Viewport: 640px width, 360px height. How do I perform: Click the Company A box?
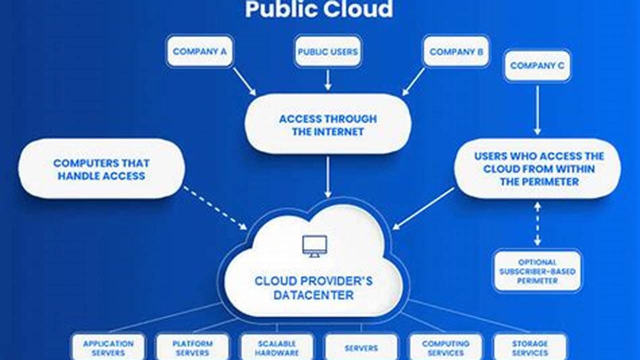pyautogui.click(x=200, y=51)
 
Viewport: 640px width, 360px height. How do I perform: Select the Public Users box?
pyautogui.click(x=328, y=51)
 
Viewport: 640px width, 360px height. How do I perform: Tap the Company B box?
pyautogui.click(x=456, y=51)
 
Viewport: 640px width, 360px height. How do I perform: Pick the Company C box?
pyautogui.click(x=537, y=65)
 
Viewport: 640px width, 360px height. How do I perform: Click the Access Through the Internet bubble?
pyautogui.click(x=328, y=125)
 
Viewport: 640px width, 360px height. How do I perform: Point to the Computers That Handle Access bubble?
pyautogui.click(x=102, y=169)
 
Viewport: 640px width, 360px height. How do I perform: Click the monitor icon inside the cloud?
pyautogui.click(x=314, y=245)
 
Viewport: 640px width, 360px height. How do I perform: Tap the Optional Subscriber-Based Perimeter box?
pyautogui.click(x=537, y=271)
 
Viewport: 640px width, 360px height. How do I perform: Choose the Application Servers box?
pyautogui.click(x=108, y=347)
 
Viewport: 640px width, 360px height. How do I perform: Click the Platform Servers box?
pyautogui.click(x=193, y=347)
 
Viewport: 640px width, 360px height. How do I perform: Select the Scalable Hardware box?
pyautogui.click(x=277, y=347)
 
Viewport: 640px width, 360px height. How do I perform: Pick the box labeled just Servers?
pyautogui.click(x=361, y=347)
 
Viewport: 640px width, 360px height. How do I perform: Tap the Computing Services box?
pyautogui.click(x=445, y=347)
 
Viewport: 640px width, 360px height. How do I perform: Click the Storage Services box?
pyautogui.click(x=530, y=347)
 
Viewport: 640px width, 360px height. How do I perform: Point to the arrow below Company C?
pyautogui.click(x=537, y=110)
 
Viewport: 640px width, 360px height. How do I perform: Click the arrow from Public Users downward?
pyautogui.click(x=328, y=79)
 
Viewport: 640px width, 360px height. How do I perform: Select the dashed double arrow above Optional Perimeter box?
pyautogui.click(x=537, y=223)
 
